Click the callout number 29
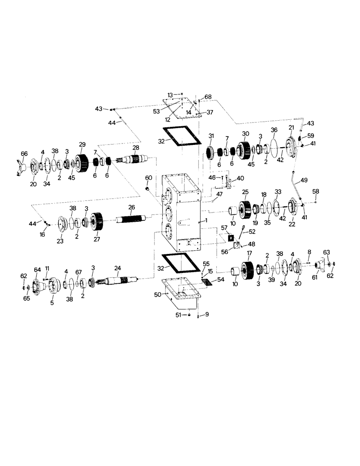(x=82, y=145)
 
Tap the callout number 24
(x=118, y=268)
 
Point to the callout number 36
(x=274, y=130)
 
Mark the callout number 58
(x=316, y=192)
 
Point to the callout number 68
(x=208, y=97)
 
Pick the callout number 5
(x=52, y=302)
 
